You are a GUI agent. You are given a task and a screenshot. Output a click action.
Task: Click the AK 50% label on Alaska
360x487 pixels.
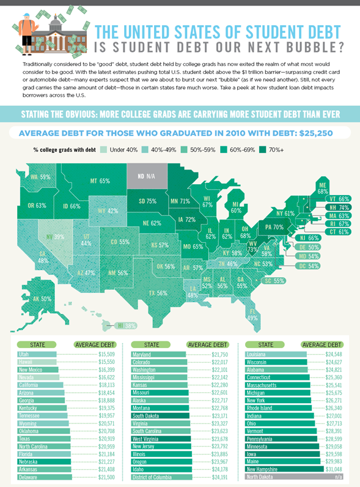tap(41, 299)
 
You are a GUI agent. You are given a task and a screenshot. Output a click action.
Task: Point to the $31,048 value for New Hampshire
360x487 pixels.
tap(331, 469)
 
